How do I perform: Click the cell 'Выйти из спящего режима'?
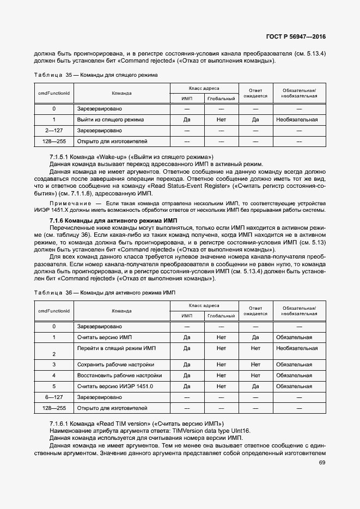tap(111, 119)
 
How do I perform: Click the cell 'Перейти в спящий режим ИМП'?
tap(117, 348)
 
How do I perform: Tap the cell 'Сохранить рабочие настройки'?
tap(115, 365)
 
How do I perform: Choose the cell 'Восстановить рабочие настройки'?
tap(119, 376)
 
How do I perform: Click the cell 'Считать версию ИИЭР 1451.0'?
tap(115, 386)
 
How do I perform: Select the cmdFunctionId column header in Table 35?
tap(53, 93)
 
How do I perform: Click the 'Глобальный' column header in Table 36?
tap(221, 316)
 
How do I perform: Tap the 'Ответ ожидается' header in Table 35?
tap(255, 93)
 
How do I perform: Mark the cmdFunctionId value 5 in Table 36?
tap(54, 386)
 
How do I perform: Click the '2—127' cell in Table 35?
tap(54, 131)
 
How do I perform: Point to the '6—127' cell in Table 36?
tap(54, 397)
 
